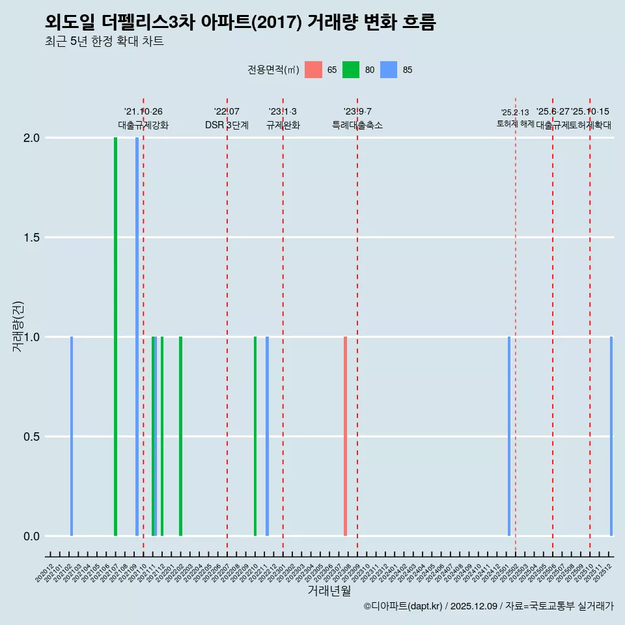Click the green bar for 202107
coord(115,337)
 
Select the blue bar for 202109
coord(137,337)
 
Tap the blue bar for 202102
coord(72,436)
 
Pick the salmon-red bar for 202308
coord(345,436)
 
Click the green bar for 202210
coord(255,436)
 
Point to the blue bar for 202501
coord(509,436)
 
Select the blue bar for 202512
coord(611,436)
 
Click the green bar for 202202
coord(180,436)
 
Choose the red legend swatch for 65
coord(313,70)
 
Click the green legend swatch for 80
coord(351,70)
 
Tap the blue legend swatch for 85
coord(389,70)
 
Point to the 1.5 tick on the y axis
coord(30,238)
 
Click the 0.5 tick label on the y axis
coord(30,437)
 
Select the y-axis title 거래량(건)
coord(18,326)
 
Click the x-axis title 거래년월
coord(329,590)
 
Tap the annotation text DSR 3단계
coord(227,125)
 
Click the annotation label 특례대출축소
coord(357,125)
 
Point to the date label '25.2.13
coord(515,113)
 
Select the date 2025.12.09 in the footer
coord(474,606)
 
